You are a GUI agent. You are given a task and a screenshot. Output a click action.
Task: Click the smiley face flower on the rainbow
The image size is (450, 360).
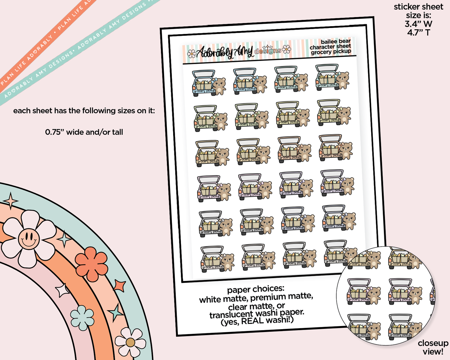coord(29,239)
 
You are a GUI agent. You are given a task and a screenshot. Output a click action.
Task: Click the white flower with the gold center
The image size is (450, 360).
coord(130,342)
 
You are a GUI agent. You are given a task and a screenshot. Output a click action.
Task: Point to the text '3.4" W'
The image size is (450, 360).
coord(418,24)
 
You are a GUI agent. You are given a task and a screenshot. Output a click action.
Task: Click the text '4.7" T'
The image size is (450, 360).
coord(418,32)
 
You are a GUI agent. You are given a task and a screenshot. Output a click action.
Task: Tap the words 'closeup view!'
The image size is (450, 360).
coord(433,347)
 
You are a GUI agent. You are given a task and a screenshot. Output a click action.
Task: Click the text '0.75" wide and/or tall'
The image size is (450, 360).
coord(84,132)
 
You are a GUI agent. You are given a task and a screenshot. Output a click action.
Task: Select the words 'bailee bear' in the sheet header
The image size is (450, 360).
coord(335,41)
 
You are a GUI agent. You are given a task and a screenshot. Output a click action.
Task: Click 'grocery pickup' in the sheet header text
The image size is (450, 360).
coord(331,52)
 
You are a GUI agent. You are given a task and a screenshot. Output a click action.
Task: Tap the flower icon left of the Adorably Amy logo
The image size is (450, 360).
coord(192,54)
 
